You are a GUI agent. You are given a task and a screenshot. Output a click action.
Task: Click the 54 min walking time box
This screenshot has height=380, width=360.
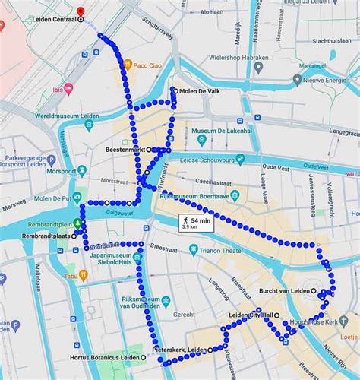(x=195, y=223)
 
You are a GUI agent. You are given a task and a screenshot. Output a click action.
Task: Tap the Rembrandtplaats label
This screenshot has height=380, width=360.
(x=43, y=236)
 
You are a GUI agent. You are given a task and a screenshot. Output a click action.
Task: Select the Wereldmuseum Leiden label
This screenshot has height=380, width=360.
(x=62, y=119)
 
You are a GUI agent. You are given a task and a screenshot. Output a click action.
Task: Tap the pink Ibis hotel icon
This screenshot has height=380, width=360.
(x=68, y=90)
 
